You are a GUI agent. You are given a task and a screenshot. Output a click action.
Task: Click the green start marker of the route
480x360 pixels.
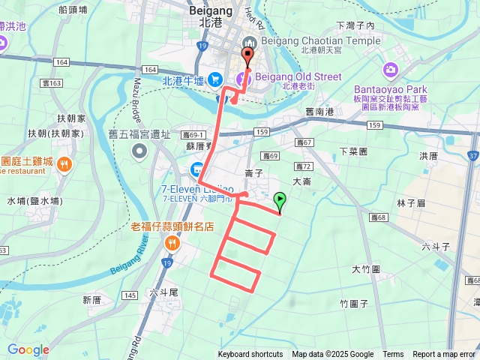click(x=280, y=200)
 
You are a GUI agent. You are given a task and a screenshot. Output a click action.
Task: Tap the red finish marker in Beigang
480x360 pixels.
click(x=247, y=55)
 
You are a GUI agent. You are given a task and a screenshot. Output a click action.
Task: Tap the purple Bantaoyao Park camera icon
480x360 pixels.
click(x=390, y=69)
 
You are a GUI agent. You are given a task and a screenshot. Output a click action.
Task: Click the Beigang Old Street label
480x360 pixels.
click(x=298, y=77)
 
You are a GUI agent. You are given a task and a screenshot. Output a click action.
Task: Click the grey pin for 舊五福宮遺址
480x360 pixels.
click(x=139, y=152)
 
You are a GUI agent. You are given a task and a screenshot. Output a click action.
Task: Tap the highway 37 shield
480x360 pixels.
click(x=472, y=156)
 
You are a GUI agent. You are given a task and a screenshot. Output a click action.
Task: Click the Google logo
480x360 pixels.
click(x=28, y=349)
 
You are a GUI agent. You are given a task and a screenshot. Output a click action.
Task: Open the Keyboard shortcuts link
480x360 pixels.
click(x=250, y=355)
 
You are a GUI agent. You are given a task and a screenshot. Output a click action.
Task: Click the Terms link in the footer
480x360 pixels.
click(x=393, y=355)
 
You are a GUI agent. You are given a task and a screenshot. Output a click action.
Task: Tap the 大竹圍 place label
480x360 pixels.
click(x=366, y=268)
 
